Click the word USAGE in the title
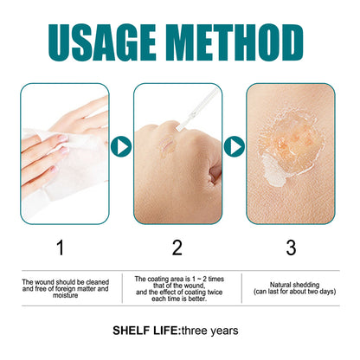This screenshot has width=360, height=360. click(x=102, y=42)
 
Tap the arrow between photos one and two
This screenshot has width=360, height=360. click(x=121, y=146)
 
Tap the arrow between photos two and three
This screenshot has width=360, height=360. click(x=234, y=146)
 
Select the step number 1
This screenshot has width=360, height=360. click(x=61, y=247)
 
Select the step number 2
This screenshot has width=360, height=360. click(x=177, y=247)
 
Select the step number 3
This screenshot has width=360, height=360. click(x=291, y=247)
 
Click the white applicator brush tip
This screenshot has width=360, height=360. click(x=179, y=126)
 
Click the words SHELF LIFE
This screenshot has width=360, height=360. click(x=146, y=331)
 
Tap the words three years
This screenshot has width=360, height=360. click(x=210, y=331)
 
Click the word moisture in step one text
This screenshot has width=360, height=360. click(x=66, y=295)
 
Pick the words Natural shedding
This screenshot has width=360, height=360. click(x=294, y=285)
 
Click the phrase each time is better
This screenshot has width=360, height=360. click(x=179, y=299)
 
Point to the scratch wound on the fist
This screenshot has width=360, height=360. click(x=167, y=145)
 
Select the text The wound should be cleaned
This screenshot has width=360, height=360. click(x=66, y=282)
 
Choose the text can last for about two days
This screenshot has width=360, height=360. click(x=294, y=292)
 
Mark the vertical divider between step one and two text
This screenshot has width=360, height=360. click(x=122, y=288)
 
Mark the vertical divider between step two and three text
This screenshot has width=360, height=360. click(x=241, y=288)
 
